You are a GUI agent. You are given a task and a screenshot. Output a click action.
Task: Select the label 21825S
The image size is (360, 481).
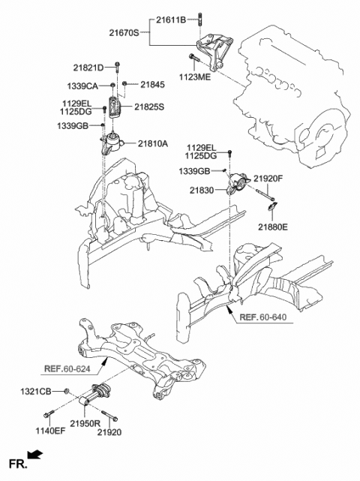(x=150, y=107)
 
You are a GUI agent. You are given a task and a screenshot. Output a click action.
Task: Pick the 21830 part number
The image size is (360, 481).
(x=209, y=193)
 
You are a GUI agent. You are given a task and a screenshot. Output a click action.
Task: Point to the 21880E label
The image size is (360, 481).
(x=274, y=224)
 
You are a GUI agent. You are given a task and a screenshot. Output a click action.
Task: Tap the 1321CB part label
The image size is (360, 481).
(x=36, y=391)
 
